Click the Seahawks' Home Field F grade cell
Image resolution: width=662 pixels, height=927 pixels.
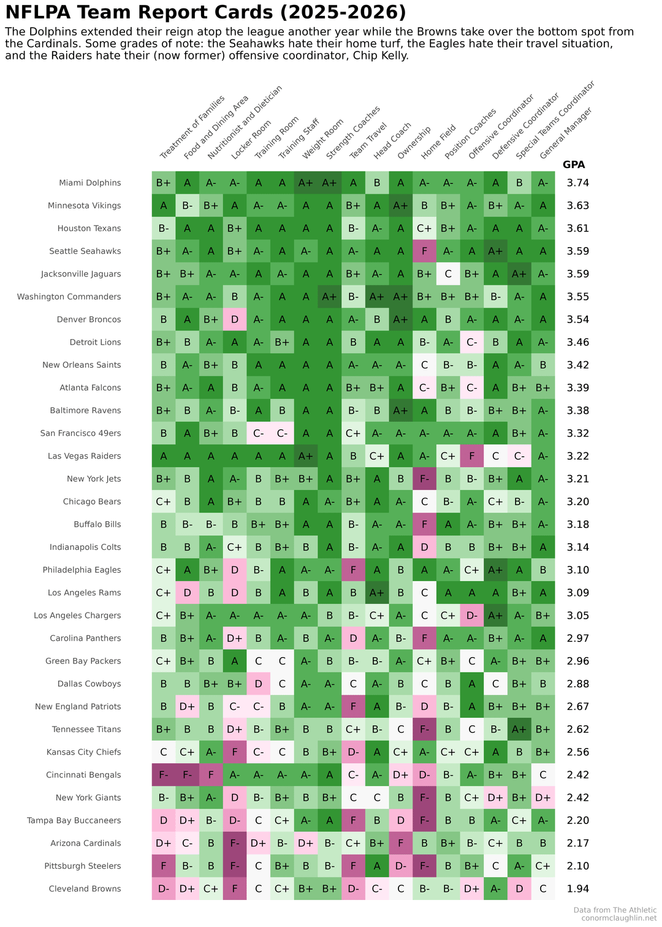424,251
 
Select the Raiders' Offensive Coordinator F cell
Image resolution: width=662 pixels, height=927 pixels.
471,456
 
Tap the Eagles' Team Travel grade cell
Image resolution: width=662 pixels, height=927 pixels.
353,570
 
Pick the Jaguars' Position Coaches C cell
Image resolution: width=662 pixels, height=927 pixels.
448,273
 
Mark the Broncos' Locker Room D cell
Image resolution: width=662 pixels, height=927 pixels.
234,319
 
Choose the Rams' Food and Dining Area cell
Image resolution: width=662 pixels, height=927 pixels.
187,592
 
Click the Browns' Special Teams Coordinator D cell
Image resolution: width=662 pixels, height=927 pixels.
519,888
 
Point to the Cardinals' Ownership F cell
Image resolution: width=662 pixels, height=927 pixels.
400,843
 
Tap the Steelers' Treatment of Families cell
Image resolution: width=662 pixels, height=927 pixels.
163,866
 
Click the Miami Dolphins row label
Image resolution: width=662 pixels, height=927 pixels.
90,183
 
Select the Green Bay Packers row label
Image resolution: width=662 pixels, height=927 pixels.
83,661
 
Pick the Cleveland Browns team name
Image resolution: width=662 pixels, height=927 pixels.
85,888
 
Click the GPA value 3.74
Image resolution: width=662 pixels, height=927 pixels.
578,183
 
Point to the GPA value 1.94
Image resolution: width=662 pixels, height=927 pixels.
578,888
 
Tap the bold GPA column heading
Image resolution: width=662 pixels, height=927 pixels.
574,164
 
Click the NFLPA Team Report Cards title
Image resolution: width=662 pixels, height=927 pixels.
205,12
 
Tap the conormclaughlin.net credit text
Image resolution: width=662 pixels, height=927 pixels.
618,918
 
